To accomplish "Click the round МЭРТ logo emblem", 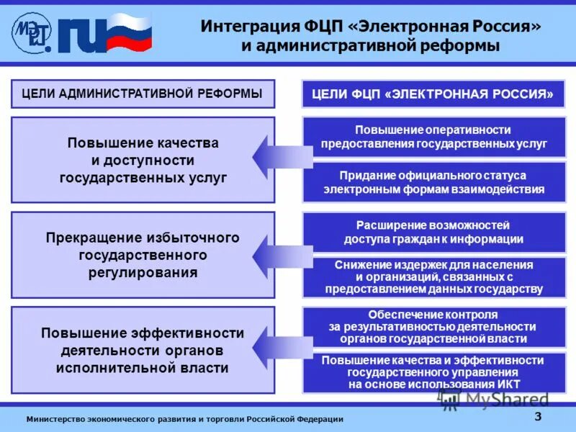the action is click(x=31, y=32).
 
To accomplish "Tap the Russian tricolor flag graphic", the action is click(x=130, y=32).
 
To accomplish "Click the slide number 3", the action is click(x=538, y=417).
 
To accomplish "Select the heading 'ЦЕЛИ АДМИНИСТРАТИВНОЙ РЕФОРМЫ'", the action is click(x=143, y=94).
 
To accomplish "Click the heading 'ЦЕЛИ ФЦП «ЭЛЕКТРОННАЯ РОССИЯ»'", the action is click(x=433, y=94).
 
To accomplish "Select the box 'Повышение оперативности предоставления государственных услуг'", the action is click(x=433, y=136).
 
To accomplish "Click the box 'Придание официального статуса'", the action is click(x=433, y=182).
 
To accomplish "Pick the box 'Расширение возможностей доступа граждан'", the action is click(x=433, y=232).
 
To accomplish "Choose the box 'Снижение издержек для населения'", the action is click(x=433, y=277).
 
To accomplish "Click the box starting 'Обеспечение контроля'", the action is click(x=433, y=326).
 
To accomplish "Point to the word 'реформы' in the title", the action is click(x=462, y=46).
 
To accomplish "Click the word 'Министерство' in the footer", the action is click(x=55, y=419).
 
